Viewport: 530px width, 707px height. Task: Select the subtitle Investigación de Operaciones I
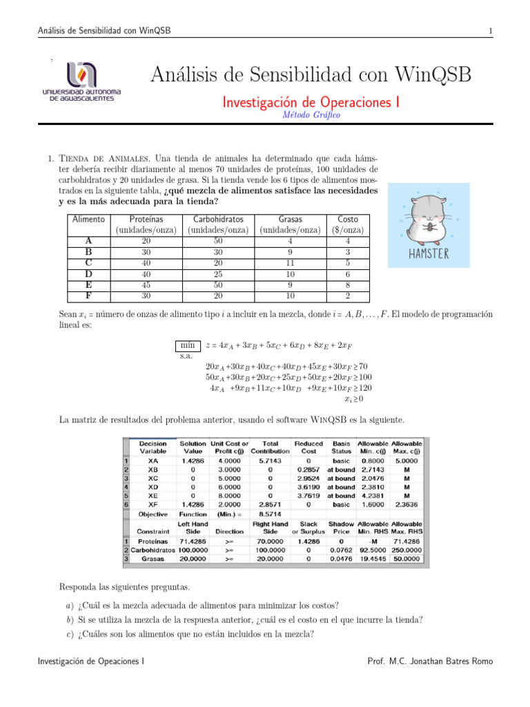[311, 102]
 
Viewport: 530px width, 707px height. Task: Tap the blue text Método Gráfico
[311, 115]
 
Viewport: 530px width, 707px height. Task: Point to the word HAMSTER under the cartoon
[427, 253]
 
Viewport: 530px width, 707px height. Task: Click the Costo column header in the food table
[348, 219]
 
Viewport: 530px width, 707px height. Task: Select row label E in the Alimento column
[88, 284]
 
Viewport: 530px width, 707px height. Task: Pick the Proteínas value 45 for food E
[146, 284]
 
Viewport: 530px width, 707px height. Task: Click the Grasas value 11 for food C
[290, 262]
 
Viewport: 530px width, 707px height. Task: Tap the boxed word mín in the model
[187, 345]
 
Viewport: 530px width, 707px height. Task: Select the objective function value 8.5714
[269, 514]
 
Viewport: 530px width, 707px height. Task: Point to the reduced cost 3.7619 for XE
[308, 495]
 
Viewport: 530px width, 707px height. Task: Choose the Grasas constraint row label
[153, 559]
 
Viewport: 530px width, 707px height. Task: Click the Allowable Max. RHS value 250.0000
[406, 550]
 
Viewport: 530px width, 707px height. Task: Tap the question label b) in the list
[81, 619]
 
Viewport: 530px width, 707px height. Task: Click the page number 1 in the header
[489, 30]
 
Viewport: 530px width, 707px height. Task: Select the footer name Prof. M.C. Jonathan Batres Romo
[431, 661]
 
